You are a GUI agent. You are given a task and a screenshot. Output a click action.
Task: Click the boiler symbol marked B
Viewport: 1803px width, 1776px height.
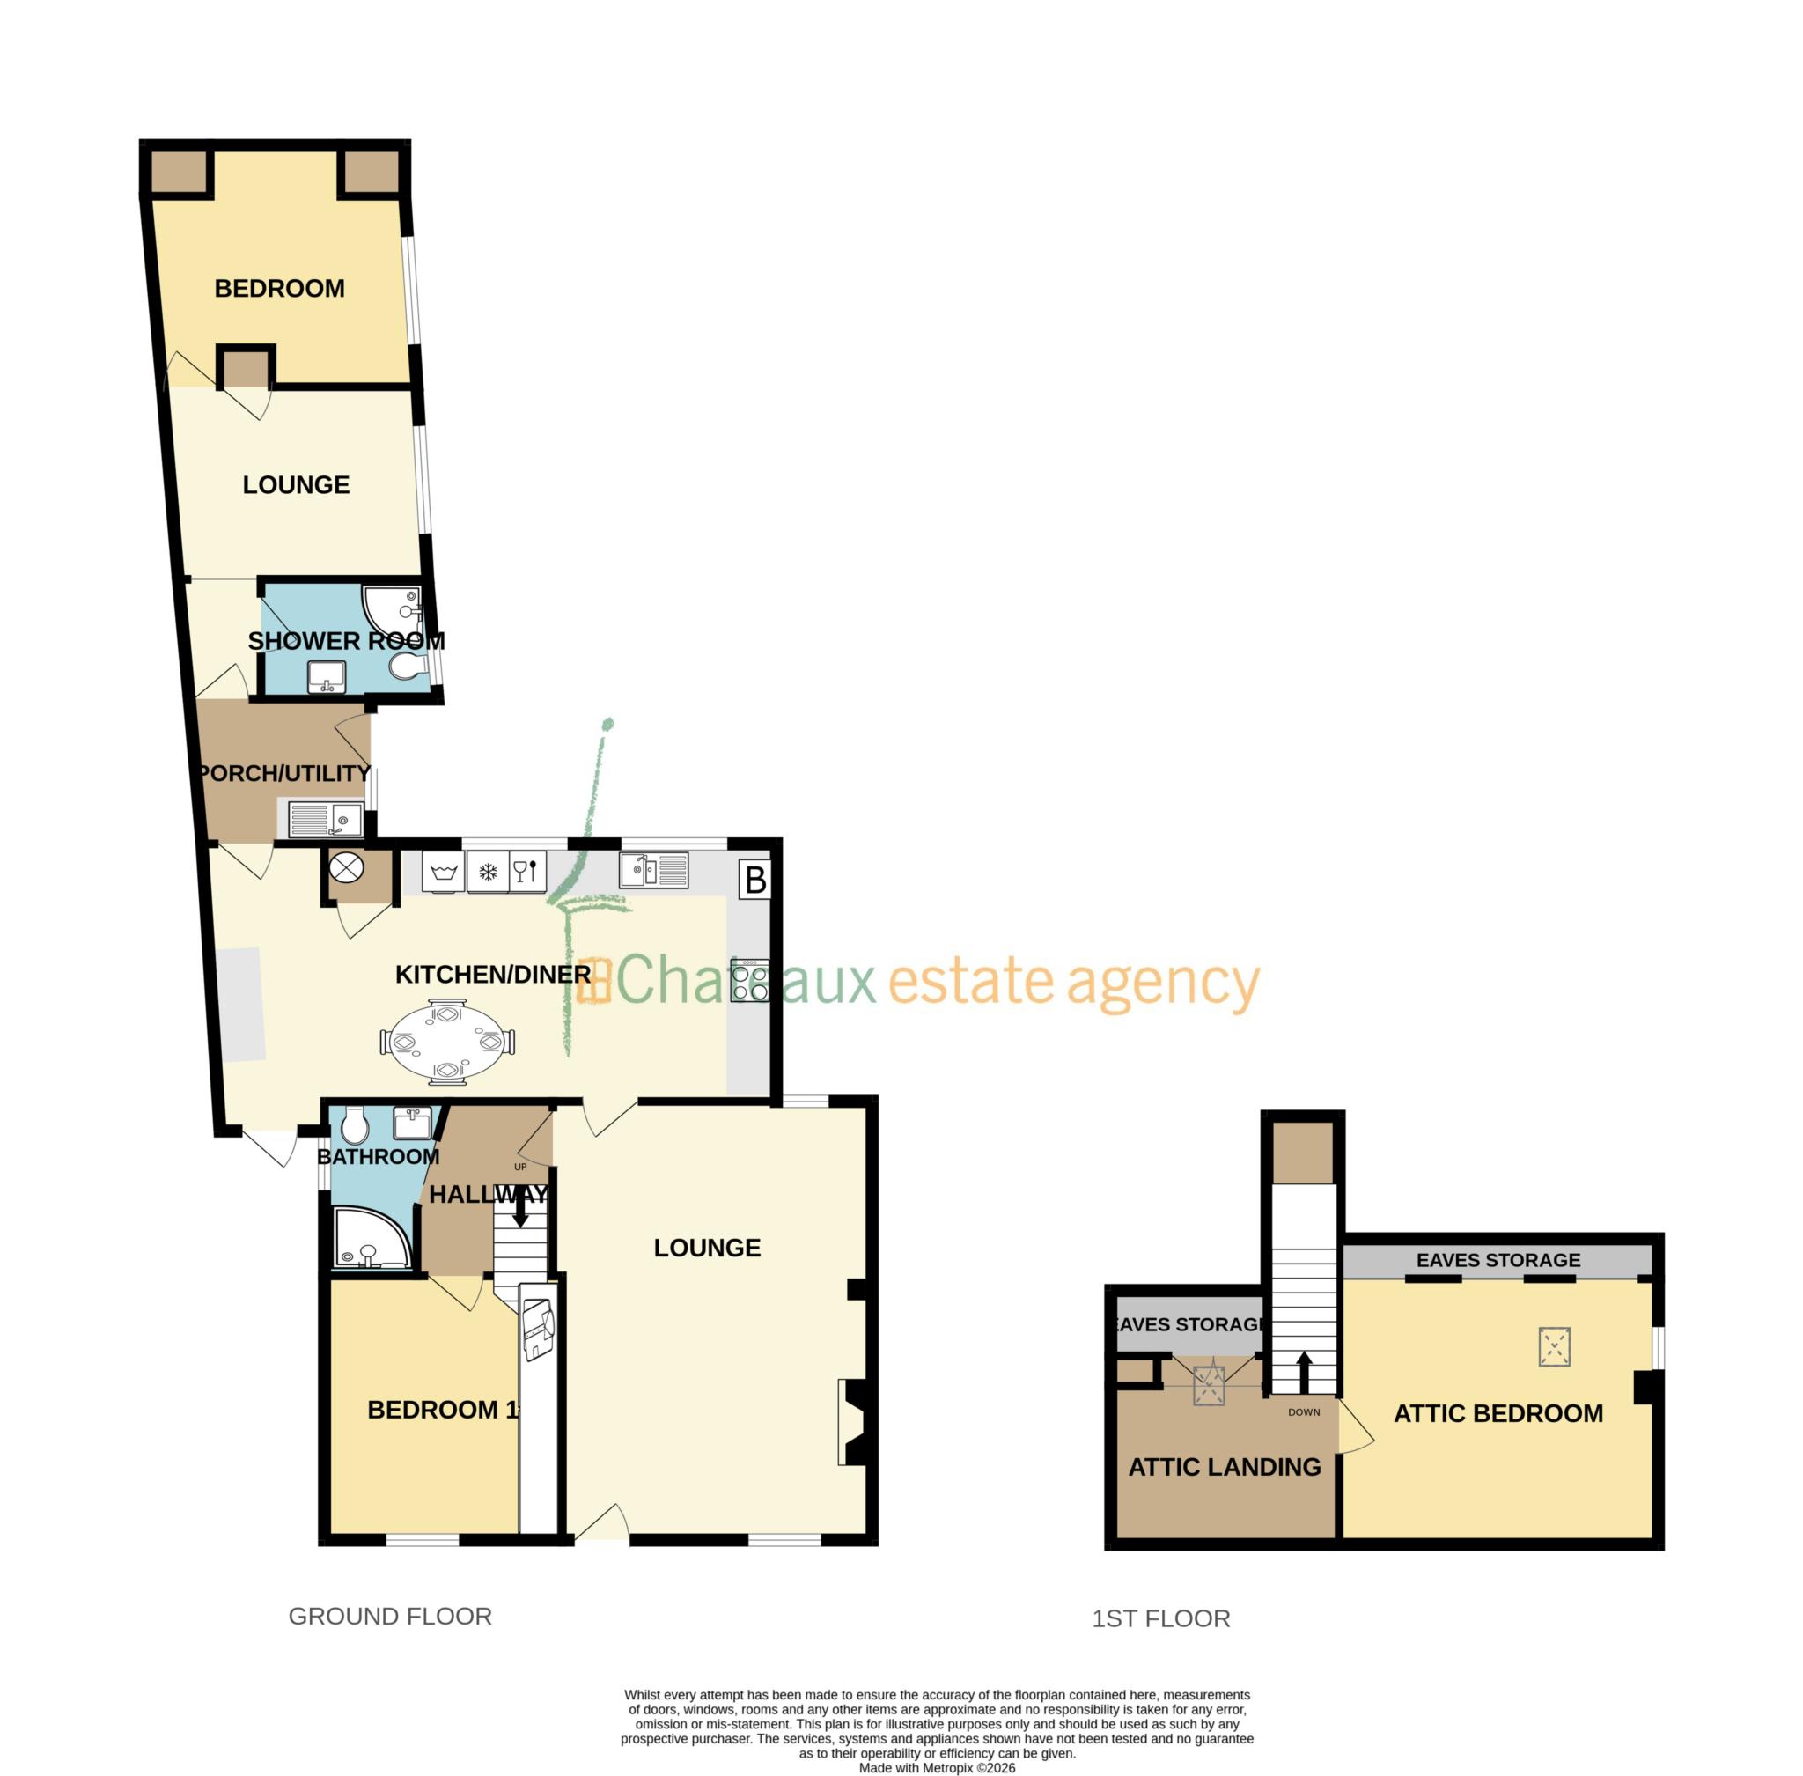click(755, 880)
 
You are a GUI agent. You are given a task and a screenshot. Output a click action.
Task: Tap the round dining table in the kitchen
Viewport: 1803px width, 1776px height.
click(446, 1041)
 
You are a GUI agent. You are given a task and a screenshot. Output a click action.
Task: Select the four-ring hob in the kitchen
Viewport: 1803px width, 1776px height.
click(750, 981)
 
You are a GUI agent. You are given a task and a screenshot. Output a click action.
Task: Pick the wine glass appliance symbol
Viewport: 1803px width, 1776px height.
click(526, 871)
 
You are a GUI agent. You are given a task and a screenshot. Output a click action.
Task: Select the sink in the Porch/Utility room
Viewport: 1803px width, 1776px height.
click(326, 820)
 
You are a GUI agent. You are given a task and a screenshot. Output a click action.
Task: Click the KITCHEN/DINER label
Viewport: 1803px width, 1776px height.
click(492, 975)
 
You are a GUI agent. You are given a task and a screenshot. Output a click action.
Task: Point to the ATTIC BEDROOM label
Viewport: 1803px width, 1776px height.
click(1497, 1413)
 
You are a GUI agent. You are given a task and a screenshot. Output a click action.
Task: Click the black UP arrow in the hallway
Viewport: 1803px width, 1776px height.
click(520, 1211)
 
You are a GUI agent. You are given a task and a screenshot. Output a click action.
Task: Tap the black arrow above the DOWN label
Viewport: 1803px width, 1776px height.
click(1304, 1372)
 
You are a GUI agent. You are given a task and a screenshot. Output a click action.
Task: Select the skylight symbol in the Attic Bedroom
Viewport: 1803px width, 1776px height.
click(1554, 1347)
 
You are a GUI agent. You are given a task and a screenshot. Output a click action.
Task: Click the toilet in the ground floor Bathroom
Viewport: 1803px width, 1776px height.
click(355, 1126)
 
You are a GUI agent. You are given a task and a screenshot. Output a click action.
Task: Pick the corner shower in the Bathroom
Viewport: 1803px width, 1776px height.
click(366, 1241)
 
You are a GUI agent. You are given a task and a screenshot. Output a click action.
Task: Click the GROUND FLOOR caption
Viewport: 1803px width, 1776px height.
click(390, 1616)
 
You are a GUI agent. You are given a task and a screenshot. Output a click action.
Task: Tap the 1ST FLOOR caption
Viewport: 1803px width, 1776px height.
click(1160, 1618)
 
